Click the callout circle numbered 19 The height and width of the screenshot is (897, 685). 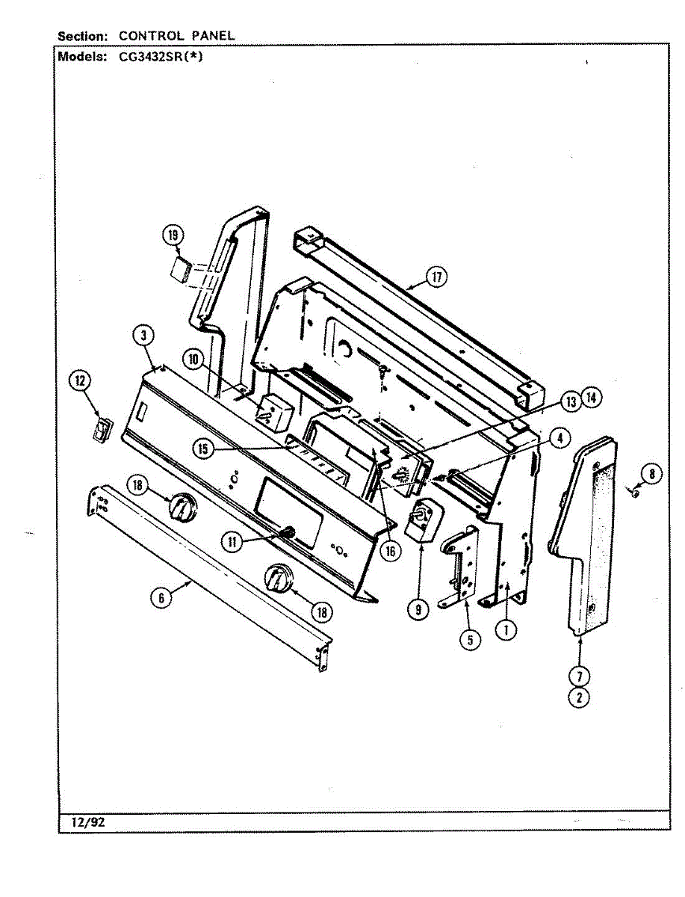coord(173,236)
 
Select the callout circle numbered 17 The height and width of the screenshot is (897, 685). coord(436,277)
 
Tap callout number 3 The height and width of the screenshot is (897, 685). coord(142,336)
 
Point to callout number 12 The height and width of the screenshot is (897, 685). coord(79,382)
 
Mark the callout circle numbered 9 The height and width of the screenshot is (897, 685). coord(418,611)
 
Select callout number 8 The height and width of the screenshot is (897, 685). coord(652,473)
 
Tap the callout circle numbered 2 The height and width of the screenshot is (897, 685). coord(580,697)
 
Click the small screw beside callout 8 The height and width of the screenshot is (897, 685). coord(634,493)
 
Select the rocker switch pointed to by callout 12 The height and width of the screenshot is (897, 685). coord(101,431)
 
